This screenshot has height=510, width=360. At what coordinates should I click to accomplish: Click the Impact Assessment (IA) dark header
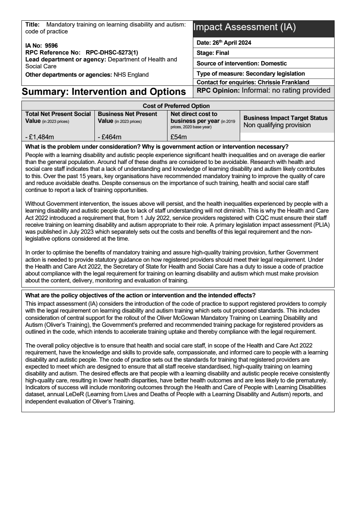point(263,28)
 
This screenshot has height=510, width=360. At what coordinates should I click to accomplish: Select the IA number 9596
point(51,46)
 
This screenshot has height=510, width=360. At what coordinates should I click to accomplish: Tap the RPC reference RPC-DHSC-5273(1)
point(112,52)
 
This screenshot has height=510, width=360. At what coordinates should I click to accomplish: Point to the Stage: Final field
point(213,53)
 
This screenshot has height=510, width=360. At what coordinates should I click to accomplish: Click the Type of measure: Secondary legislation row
point(251,73)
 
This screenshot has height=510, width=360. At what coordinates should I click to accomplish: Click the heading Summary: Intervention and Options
point(104,92)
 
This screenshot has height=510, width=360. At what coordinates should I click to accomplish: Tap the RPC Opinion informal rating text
point(286,91)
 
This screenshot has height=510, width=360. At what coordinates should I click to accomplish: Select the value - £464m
point(110,137)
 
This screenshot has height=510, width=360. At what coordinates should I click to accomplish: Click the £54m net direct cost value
point(179,137)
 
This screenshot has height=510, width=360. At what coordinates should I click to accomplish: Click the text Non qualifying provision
point(277,125)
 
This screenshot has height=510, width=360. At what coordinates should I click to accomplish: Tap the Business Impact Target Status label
point(286,118)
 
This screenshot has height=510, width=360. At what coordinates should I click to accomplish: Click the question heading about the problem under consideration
point(157,147)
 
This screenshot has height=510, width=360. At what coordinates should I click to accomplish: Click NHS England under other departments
point(131,75)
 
